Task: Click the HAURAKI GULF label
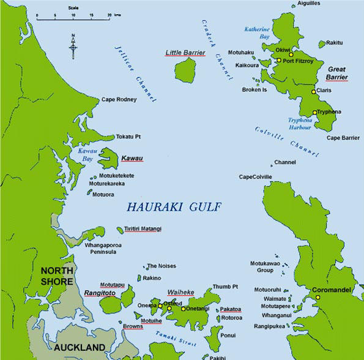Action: click(174, 208)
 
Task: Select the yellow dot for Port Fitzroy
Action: click(278, 60)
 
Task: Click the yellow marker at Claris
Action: click(314, 91)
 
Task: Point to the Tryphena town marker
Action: click(314, 112)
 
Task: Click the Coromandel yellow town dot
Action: click(318, 298)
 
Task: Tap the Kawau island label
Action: click(132, 159)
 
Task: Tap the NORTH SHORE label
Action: click(57, 276)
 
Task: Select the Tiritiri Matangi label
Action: click(143, 229)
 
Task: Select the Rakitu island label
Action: click(335, 43)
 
